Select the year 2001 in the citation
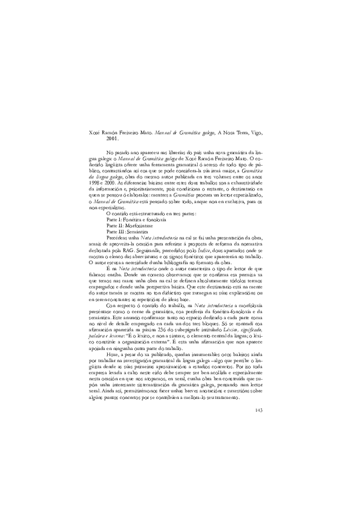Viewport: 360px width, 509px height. point(111,138)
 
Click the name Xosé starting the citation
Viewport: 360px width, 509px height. point(96,131)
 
